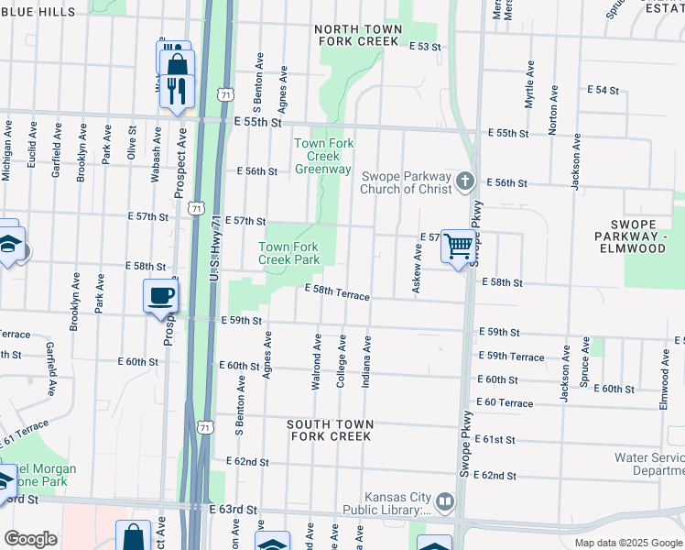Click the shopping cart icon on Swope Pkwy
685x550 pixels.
click(x=457, y=246)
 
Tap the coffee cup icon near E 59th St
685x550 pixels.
click(x=161, y=295)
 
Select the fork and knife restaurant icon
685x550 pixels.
click(x=177, y=90)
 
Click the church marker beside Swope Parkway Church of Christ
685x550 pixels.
click(x=466, y=181)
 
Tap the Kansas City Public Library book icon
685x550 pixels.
click(x=445, y=501)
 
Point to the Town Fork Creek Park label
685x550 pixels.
click(x=288, y=253)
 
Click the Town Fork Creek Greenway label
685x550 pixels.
click(x=322, y=156)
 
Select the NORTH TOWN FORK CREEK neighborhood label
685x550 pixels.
click(x=357, y=36)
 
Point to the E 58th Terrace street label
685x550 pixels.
click(x=337, y=292)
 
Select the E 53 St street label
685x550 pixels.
click(x=425, y=46)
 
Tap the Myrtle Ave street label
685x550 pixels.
click(x=529, y=85)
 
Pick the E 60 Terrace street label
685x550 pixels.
click(x=504, y=402)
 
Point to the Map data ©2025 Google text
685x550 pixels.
click(x=628, y=543)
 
